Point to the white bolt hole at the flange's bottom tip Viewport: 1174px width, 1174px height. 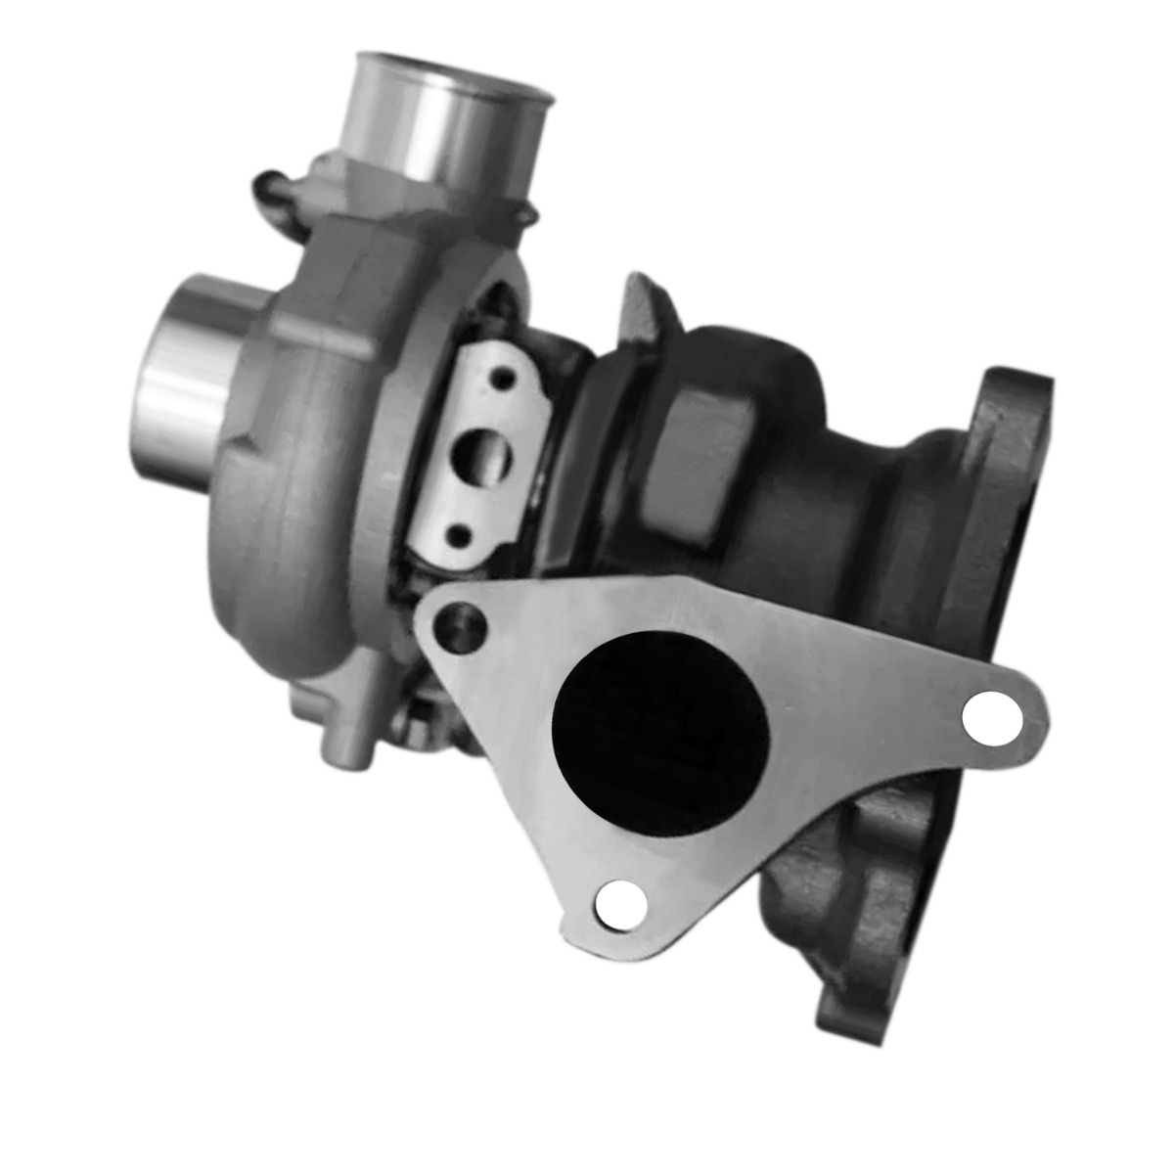point(618,902)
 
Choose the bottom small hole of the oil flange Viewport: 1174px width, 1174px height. point(460,533)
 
